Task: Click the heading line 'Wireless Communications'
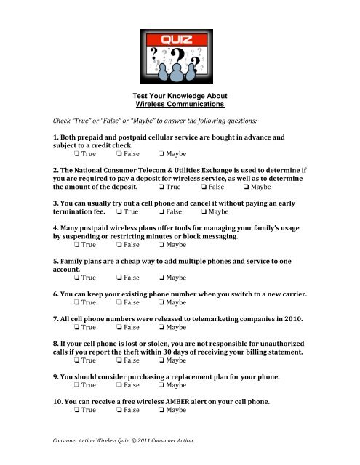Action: coord(180,104)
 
